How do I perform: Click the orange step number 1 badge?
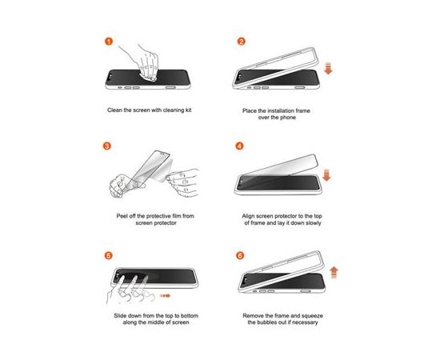109,42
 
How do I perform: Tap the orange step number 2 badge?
241,42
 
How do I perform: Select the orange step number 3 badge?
107,146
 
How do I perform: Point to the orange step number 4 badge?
239,146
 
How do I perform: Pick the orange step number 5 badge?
108,255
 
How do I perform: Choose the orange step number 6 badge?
240,255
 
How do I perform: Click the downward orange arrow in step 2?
328,69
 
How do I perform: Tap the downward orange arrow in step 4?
326,175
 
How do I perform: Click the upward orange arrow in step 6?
334,273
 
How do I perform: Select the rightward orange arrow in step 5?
165,295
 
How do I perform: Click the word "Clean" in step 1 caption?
114,110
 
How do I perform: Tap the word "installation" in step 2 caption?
280,110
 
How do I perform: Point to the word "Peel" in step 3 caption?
122,216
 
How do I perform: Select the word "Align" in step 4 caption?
248,216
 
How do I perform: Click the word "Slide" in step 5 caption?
120,316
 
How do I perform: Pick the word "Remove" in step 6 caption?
253,316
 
